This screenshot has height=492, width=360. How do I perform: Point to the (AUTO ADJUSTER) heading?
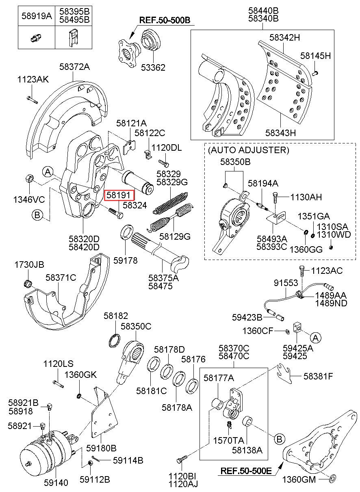(x=248, y=150)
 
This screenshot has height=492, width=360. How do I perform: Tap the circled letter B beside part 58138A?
(x=279, y=439)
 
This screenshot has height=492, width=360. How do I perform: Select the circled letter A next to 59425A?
(x=316, y=337)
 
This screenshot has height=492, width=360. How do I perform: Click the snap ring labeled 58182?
(x=115, y=340)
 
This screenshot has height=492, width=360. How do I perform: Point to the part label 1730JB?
(x=29, y=265)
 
